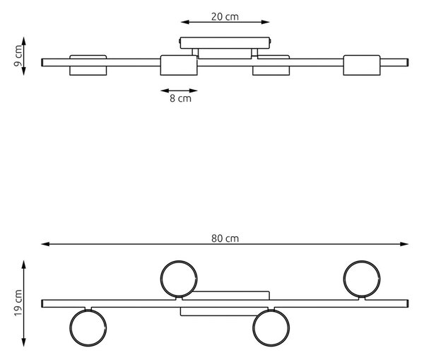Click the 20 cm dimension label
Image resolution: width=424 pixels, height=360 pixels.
225,17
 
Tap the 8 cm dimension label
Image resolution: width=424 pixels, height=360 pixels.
180,98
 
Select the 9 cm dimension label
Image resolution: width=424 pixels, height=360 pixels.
18,56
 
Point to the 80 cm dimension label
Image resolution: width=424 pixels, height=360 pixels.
225,238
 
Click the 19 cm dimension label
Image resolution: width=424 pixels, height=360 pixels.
18,303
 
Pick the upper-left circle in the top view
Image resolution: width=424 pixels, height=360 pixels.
160,279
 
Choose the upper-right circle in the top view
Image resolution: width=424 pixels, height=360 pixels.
343,279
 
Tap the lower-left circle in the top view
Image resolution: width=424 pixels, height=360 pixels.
70,327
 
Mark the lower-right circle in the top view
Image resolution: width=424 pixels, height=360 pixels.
253,327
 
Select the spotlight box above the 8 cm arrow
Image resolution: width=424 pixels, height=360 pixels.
179,65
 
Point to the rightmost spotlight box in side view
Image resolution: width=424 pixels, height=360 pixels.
362,65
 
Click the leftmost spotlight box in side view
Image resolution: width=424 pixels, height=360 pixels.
88,65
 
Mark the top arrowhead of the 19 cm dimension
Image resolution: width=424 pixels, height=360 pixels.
24,265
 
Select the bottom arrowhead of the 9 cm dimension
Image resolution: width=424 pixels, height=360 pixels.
24,71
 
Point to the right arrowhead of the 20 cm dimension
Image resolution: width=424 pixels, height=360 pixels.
266,22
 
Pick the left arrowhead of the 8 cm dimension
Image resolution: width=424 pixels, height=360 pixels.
165,91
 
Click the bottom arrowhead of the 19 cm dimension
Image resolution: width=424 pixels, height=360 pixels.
24,342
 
